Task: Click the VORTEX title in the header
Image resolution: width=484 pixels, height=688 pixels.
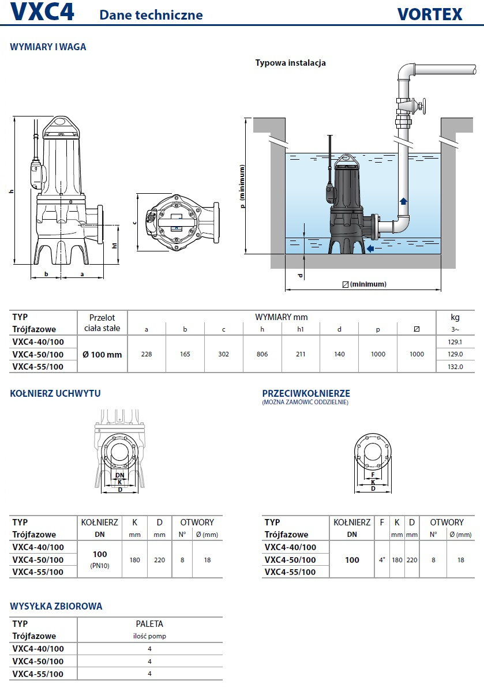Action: tap(430, 14)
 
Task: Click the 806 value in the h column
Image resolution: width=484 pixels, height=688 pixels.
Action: tap(262, 354)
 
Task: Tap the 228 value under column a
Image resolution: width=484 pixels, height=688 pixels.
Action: tap(147, 354)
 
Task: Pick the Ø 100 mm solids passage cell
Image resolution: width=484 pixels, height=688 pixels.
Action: tap(103, 354)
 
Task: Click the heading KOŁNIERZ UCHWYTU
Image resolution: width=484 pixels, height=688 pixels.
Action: tap(55, 393)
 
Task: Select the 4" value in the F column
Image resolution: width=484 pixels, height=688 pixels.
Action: tap(382, 560)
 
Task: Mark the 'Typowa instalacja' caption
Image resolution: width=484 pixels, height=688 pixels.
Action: tap(291, 63)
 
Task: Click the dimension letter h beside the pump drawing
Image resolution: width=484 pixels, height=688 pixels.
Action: tap(11, 190)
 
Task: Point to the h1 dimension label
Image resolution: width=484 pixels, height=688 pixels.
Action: tap(115, 245)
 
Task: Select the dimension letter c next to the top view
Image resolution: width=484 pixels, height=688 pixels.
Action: tap(134, 221)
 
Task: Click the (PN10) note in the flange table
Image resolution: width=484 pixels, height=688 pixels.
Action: tap(100, 566)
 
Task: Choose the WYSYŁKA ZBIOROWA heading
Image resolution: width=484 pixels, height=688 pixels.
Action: tap(57, 606)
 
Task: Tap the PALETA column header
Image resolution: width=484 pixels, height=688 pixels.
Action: tap(149, 623)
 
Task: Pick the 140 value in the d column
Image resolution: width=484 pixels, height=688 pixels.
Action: tap(339, 354)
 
